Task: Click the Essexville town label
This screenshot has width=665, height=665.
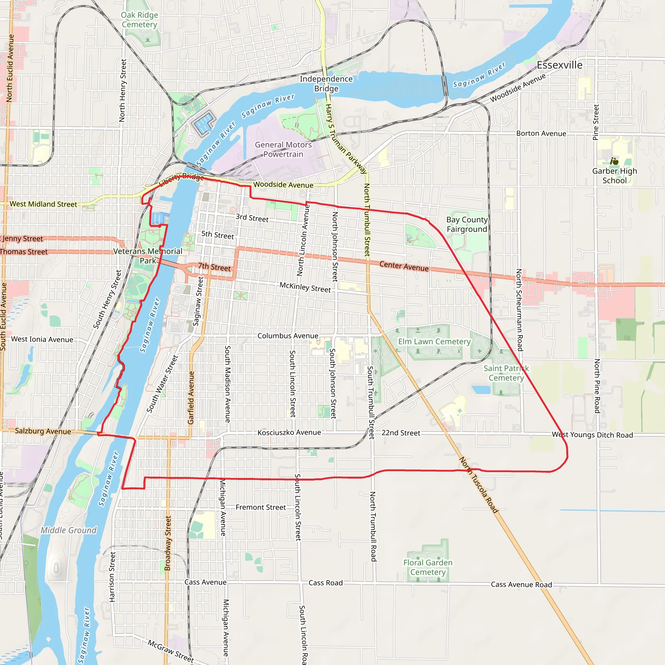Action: point(559,65)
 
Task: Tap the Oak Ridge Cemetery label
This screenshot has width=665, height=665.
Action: point(139,19)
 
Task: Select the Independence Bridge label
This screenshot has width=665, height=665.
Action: point(326,84)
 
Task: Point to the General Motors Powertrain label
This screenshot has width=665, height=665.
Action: point(283,149)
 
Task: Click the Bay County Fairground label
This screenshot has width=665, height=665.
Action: point(467,224)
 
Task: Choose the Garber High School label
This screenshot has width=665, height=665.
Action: point(614,176)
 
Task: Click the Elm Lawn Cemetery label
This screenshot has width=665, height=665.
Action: point(434,342)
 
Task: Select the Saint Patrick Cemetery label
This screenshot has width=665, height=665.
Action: point(506,373)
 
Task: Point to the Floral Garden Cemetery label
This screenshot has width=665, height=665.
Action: point(428,567)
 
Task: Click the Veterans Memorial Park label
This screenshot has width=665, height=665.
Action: point(148,256)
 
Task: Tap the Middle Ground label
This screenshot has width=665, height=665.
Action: point(69,530)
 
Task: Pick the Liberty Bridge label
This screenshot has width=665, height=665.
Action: point(182,178)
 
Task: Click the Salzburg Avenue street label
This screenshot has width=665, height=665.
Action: point(43,431)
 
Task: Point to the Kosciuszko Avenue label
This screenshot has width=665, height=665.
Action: point(289,432)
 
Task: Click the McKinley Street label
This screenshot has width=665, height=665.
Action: point(305,287)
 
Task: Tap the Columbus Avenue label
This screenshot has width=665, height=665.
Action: point(288,336)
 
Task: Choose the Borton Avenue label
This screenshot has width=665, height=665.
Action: point(541,133)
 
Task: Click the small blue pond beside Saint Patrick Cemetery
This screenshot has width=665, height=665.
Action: point(481,390)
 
